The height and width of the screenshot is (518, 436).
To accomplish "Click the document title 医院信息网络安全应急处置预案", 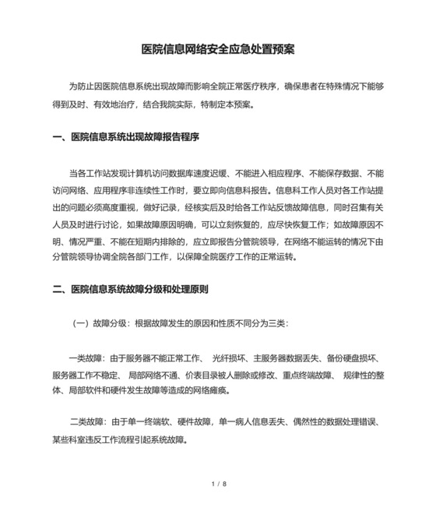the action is tap(217, 49).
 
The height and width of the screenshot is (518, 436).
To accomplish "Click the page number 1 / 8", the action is tap(218, 485).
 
